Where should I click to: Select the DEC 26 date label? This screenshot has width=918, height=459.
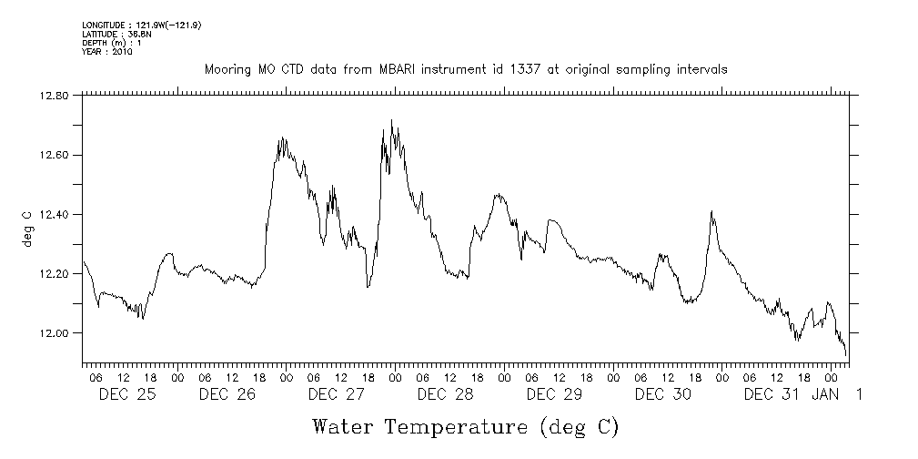coord(227,394)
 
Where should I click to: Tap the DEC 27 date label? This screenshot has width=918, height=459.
coord(336,394)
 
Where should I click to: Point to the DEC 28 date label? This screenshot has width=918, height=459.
coord(445,394)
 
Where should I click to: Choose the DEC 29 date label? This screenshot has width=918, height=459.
coord(554,394)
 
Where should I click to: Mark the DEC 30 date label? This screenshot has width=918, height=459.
coord(663,394)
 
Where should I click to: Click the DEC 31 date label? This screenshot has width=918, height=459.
coord(772,394)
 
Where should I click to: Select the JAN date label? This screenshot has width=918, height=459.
coord(825,394)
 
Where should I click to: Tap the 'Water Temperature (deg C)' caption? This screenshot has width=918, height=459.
coord(465,426)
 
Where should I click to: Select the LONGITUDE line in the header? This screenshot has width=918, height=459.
coord(141,25)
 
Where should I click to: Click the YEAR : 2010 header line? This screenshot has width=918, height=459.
coord(107,52)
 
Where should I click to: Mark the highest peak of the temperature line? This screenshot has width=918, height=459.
coord(391,120)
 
